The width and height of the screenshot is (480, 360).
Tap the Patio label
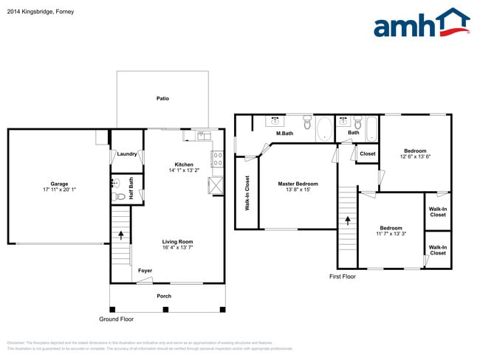(163, 98)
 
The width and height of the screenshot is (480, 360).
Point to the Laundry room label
(126, 154)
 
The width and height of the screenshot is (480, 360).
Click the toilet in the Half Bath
(120, 197)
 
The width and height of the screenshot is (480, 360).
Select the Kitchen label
(184, 165)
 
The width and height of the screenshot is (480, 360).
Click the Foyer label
(145, 271)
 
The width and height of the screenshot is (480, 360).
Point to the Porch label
(164, 296)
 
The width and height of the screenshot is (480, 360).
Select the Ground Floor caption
(117, 319)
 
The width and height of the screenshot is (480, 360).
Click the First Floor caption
(342, 277)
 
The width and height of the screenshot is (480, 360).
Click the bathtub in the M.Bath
(323, 130)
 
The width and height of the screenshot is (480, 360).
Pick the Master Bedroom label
(298, 184)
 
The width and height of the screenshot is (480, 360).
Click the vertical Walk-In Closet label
(247, 193)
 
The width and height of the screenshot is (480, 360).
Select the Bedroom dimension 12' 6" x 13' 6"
(415, 156)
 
